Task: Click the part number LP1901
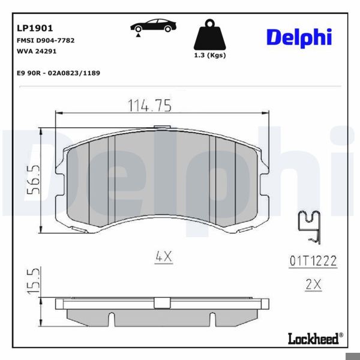tap(35, 28)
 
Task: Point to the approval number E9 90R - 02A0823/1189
tap(59, 73)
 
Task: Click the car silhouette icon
tap(153, 26)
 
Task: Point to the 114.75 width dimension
tap(149, 106)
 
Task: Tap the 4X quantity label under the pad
tap(163, 256)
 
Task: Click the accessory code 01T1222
tap(313, 261)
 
